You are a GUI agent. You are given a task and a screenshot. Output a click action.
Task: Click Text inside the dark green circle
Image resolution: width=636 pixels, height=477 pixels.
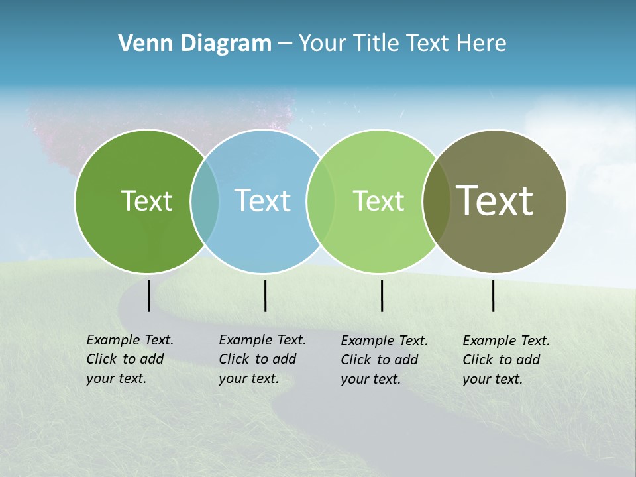146,201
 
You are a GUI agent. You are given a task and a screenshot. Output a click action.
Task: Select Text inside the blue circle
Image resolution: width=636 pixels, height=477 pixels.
263,201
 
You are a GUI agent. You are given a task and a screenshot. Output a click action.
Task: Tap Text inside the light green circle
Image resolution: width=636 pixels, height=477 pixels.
378,201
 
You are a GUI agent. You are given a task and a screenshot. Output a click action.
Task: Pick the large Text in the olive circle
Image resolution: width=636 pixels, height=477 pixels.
495,200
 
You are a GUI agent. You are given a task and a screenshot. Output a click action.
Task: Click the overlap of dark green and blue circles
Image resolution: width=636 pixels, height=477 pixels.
205,201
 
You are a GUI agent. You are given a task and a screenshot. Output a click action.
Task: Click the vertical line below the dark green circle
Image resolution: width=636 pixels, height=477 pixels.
148,295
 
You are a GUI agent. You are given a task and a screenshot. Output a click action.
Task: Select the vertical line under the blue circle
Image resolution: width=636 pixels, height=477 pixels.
265,295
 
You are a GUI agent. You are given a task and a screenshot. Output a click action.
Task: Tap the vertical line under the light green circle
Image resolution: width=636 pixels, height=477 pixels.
382,295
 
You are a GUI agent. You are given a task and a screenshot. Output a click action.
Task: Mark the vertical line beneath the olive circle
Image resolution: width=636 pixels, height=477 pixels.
493,295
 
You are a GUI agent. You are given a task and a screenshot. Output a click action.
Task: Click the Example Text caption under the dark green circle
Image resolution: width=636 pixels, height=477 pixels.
130,359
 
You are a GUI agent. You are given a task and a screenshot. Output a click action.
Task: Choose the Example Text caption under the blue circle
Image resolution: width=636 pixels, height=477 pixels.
262,359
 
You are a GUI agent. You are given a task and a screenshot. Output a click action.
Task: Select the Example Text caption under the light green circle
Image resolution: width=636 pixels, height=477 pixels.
384,360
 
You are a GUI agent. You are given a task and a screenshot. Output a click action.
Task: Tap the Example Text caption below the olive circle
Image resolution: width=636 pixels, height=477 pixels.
506,360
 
